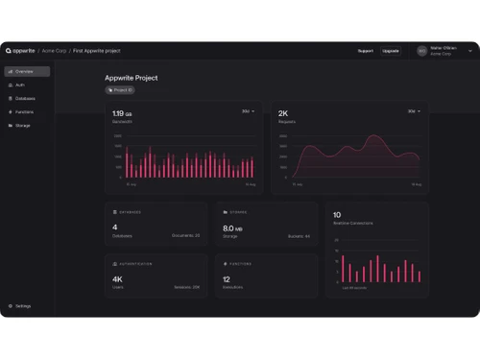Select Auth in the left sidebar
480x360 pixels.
point(21,84)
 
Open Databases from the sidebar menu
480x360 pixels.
point(25,98)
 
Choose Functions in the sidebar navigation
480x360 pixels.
point(24,111)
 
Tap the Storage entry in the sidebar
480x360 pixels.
point(22,125)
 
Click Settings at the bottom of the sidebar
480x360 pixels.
point(22,306)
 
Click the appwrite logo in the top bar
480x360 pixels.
point(20,50)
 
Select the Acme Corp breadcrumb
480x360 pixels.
point(54,50)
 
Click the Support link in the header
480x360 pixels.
point(365,50)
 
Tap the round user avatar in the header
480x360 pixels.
point(421,50)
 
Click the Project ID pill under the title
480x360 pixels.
point(120,90)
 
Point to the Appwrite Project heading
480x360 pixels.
point(131,78)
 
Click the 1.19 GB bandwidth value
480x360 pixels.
point(123,113)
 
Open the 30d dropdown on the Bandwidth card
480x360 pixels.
point(248,111)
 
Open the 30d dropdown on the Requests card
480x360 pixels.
point(414,111)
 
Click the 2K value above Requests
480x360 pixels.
point(283,113)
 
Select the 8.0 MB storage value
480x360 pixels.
point(231,228)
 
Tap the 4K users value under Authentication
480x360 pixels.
point(117,279)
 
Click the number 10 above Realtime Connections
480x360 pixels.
point(336,215)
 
